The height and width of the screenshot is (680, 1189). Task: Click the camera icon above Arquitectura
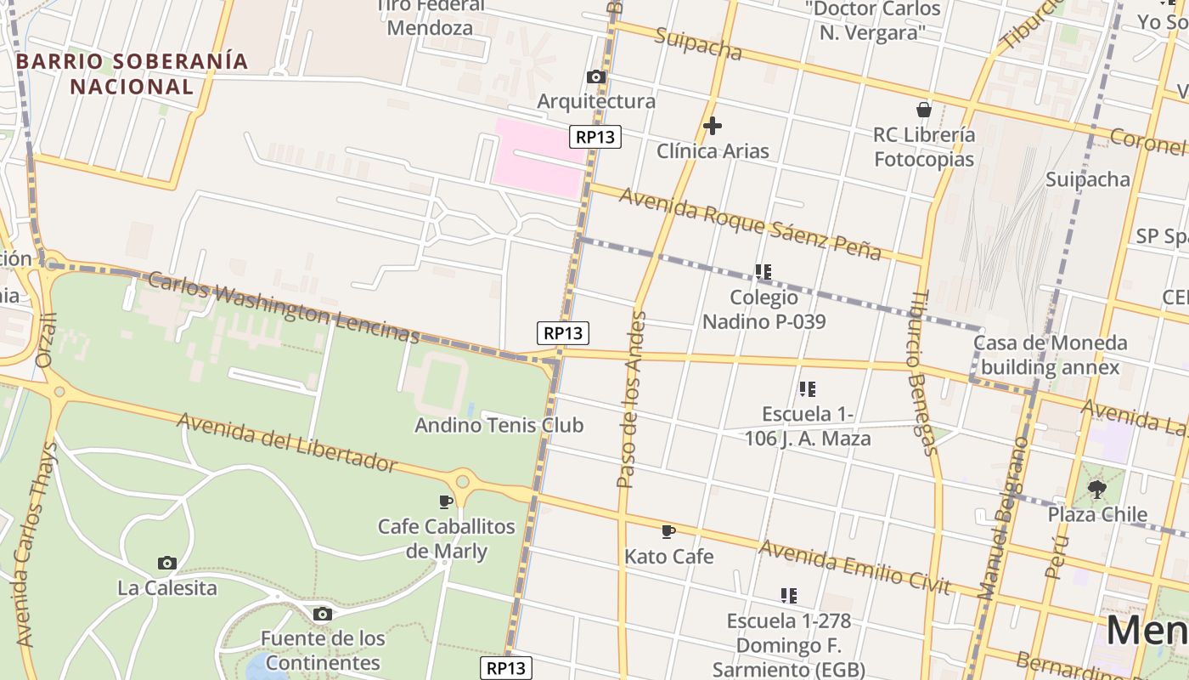(x=596, y=77)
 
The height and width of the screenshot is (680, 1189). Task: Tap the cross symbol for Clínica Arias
(x=713, y=127)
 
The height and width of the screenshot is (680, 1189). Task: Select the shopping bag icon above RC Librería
(x=924, y=110)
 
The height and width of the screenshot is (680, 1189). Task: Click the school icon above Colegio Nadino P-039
(x=763, y=272)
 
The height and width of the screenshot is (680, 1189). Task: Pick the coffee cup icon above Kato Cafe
(x=668, y=532)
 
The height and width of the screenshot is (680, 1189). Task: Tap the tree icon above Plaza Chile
(x=1097, y=489)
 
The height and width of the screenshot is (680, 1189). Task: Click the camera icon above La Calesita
(x=167, y=563)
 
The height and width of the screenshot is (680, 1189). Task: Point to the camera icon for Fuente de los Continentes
(x=322, y=614)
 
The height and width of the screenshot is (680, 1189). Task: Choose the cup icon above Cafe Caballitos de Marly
(x=446, y=501)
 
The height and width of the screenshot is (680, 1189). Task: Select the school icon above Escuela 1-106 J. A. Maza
(x=807, y=389)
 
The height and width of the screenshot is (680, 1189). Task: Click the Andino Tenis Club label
(x=499, y=425)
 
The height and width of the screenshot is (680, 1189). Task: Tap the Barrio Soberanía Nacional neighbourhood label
(x=132, y=74)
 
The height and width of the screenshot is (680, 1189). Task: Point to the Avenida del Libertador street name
(x=286, y=441)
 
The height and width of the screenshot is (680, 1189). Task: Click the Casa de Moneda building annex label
(x=1050, y=355)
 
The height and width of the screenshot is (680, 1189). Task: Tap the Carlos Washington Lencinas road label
(x=284, y=307)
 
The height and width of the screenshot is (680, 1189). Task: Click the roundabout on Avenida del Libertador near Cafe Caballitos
(x=462, y=481)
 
